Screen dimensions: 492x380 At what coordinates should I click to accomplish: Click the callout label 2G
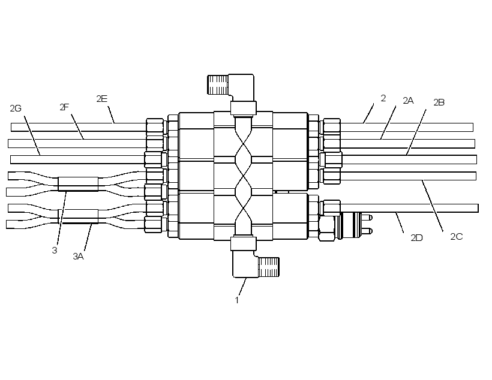click(16, 108)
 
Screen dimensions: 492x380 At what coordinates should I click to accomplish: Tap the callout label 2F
click(64, 107)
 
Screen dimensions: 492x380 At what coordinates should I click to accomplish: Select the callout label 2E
click(102, 99)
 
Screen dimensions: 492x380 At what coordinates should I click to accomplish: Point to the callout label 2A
click(408, 101)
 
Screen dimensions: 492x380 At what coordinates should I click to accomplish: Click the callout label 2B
click(439, 102)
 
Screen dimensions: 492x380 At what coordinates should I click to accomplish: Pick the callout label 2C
click(457, 237)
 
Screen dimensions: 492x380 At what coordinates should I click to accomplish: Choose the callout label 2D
click(416, 238)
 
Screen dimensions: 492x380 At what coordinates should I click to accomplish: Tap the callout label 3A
click(79, 257)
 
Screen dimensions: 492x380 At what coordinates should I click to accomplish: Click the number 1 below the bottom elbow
click(237, 300)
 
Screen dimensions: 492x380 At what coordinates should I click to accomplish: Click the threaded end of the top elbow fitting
click(218, 85)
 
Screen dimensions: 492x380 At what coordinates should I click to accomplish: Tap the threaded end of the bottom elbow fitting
click(269, 267)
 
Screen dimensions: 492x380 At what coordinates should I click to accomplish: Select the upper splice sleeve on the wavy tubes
click(78, 184)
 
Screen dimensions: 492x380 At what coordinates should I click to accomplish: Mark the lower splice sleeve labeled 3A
click(78, 216)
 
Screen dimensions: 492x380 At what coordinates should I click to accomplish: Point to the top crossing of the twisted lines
click(244, 144)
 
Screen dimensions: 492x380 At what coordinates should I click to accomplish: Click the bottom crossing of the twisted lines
click(244, 207)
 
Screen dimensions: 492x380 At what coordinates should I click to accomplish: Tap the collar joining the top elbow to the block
click(244, 108)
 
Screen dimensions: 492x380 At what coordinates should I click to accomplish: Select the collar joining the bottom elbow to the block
click(244, 243)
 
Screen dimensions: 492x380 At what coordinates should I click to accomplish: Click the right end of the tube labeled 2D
click(478, 208)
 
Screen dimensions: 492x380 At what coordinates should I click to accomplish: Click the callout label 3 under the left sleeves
click(55, 251)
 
